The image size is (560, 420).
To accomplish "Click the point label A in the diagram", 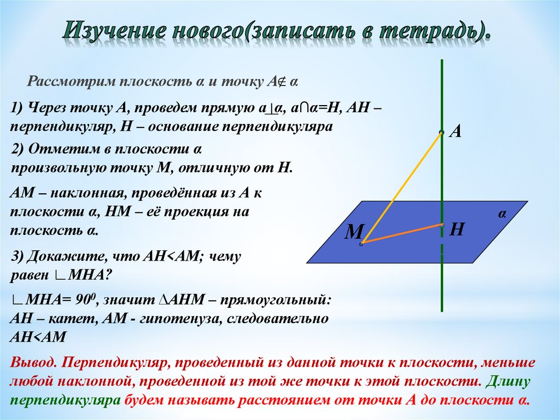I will (x=456, y=132).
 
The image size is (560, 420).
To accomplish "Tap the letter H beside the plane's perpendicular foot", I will (x=457, y=229).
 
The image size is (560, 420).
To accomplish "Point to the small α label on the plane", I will (x=501, y=215).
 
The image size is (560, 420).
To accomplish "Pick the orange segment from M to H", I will (x=402, y=233).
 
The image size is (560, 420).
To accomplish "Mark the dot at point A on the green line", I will (x=441, y=131).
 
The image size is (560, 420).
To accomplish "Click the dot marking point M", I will (x=361, y=243).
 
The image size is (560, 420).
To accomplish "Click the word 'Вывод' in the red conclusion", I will (x=32, y=363).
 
